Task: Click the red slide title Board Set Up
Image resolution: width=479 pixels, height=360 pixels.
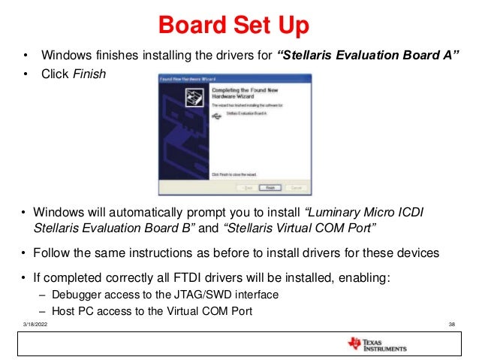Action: pos(233,25)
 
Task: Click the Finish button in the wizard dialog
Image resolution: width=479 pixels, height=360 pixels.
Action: pos(270,187)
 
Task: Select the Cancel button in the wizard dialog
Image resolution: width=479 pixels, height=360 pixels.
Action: pos(296,187)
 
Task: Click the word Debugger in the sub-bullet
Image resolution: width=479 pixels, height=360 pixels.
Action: pos(76,294)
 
